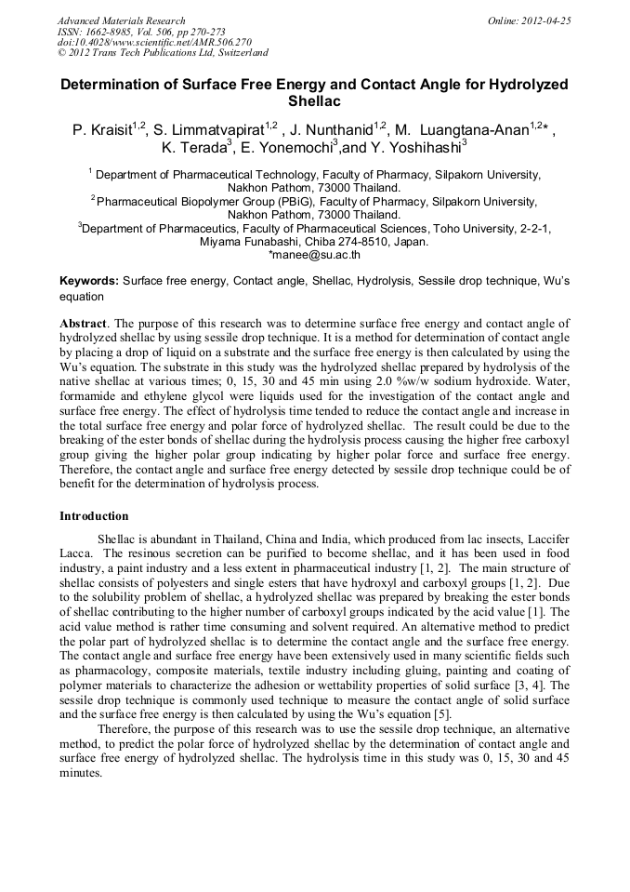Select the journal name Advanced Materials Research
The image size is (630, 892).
pyautogui.click(x=121, y=20)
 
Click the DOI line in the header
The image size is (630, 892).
pyautogui.click(x=154, y=42)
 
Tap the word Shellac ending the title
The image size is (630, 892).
pyautogui.click(x=314, y=100)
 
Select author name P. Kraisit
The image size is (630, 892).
pyautogui.click(x=103, y=130)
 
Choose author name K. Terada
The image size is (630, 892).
pyautogui.click(x=192, y=147)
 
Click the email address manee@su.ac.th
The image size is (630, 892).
pyautogui.click(x=314, y=254)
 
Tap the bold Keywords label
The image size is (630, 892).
pyautogui.click(x=89, y=280)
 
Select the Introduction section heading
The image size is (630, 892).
pyautogui.click(x=94, y=516)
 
